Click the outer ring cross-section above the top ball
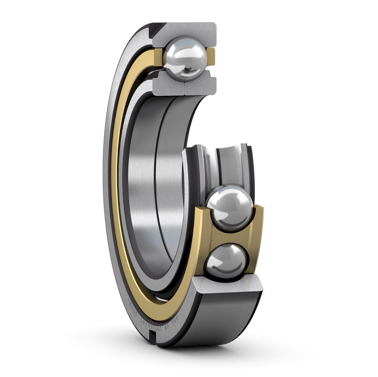click(x=185, y=31)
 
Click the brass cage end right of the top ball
click(x=211, y=57)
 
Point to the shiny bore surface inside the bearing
click(x=143, y=189)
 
